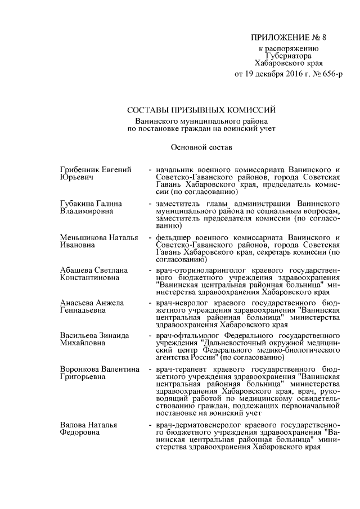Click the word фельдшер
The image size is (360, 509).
coord(174,237)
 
